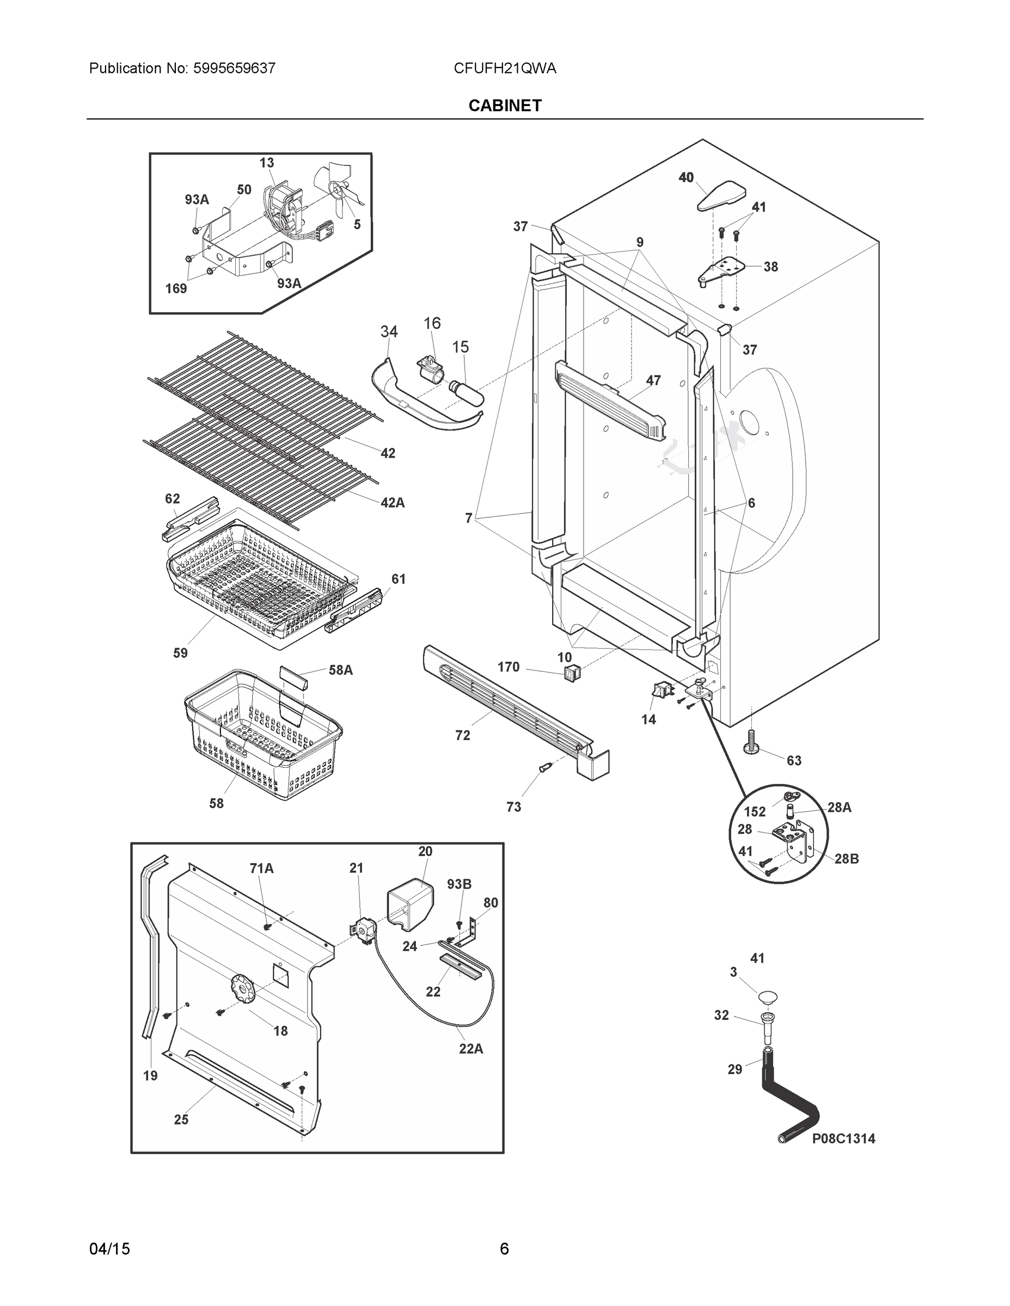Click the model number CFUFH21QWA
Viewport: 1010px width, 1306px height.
point(504,68)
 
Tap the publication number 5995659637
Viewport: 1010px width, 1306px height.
point(234,68)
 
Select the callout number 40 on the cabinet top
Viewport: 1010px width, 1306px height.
point(685,177)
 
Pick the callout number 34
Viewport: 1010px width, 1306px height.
point(389,331)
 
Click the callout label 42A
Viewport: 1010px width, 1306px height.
point(393,503)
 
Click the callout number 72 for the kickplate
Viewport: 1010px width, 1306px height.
point(462,736)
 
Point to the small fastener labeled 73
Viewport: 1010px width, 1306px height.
point(544,768)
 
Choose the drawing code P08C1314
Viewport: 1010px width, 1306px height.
point(843,1139)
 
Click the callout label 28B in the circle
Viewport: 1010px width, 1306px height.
point(846,859)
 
